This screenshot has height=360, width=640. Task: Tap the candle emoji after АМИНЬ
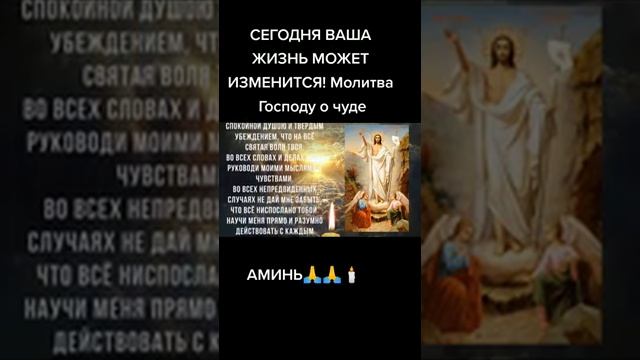[351, 273]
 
